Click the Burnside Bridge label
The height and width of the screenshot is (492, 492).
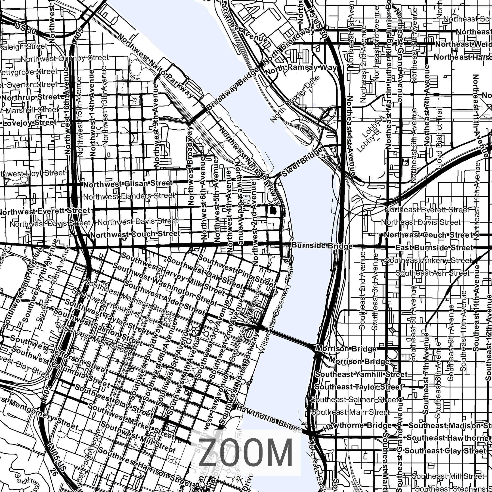(322, 246)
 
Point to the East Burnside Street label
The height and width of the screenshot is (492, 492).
(434, 248)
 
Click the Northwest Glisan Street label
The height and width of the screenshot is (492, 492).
(128, 184)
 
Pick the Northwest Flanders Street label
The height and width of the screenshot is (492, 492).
(129, 196)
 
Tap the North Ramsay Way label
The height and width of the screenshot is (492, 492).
(301, 68)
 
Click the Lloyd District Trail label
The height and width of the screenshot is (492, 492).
(439, 138)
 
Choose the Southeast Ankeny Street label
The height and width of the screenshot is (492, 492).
(428, 261)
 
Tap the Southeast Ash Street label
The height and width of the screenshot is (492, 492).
(432, 273)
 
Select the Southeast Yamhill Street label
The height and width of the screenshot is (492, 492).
(361, 374)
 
